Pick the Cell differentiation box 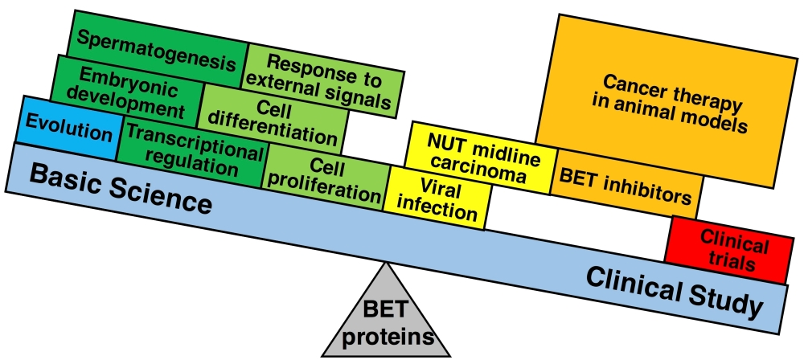(x=273, y=121)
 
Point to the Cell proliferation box (x=326, y=178)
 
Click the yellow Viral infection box (x=438, y=199)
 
